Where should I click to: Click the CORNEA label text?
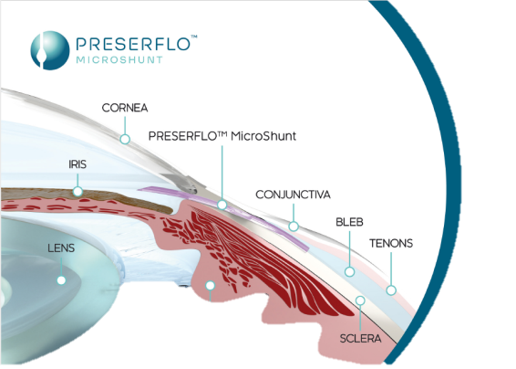pos(125,108)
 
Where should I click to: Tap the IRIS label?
pos(77,164)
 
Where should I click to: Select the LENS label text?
pos(61,248)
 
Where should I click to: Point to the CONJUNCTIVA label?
pos(293,195)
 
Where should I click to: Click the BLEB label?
pos(349,222)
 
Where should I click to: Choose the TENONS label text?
pos(391,243)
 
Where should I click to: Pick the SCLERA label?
pos(360,338)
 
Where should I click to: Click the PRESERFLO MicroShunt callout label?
pos(222,136)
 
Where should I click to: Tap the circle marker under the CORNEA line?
pos(125,139)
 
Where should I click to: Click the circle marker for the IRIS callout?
pos(77,191)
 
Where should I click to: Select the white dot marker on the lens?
pos(61,280)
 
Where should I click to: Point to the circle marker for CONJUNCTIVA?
pos(294,227)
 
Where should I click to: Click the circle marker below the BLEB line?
pos(349,271)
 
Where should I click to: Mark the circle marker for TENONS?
pos(391,290)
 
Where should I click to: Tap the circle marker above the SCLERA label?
pos(360,300)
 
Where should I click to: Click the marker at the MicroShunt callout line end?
pos(222,205)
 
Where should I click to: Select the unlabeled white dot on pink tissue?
pos(211,285)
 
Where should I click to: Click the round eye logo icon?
pos(50,50)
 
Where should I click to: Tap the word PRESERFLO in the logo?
pos(133,44)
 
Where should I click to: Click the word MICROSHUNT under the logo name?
pos(119,60)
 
